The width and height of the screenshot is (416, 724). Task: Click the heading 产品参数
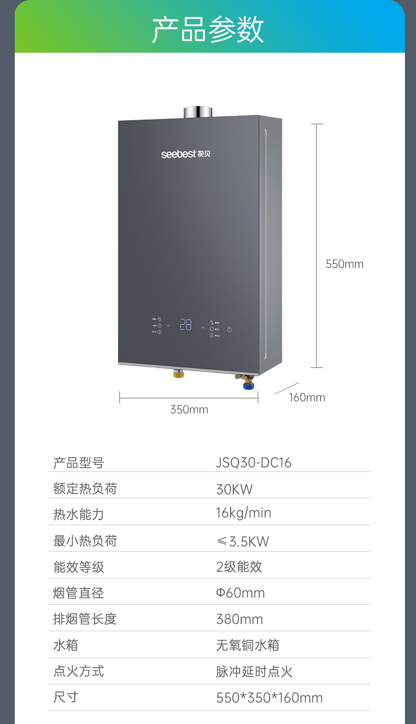pyautogui.click(x=207, y=29)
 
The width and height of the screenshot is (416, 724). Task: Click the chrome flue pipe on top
pyautogui.click(x=198, y=112)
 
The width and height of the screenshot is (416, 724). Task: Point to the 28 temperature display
pyautogui.click(x=186, y=324)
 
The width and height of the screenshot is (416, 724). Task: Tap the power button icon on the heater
pyautogui.click(x=230, y=330)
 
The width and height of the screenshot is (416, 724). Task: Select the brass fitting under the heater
pyautogui.click(x=179, y=373)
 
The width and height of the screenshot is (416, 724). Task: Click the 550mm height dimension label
pyautogui.click(x=344, y=264)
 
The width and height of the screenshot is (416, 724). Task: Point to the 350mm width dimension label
pyautogui.click(x=189, y=410)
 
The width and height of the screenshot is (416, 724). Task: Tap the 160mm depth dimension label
pyautogui.click(x=307, y=398)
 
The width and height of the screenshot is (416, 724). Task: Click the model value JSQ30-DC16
pyautogui.click(x=253, y=463)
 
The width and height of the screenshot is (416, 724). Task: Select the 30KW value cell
pyautogui.click(x=234, y=489)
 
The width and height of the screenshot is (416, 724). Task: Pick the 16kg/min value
pyautogui.click(x=243, y=513)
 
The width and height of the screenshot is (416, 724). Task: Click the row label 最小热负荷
pyautogui.click(x=85, y=540)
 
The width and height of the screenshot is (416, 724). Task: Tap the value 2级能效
pyautogui.click(x=239, y=567)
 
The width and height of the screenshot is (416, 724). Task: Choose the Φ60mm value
pyautogui.click(x=240, y=593)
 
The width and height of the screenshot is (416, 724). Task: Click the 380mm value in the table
pyautogui.click(x=240, y=619)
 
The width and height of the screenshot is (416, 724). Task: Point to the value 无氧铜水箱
pyautogui.click(x=247, y=645)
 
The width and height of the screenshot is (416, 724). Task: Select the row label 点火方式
pyautogui.click(x=78, y=671)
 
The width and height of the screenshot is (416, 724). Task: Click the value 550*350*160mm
pyautogui.click(x=269, y=698)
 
